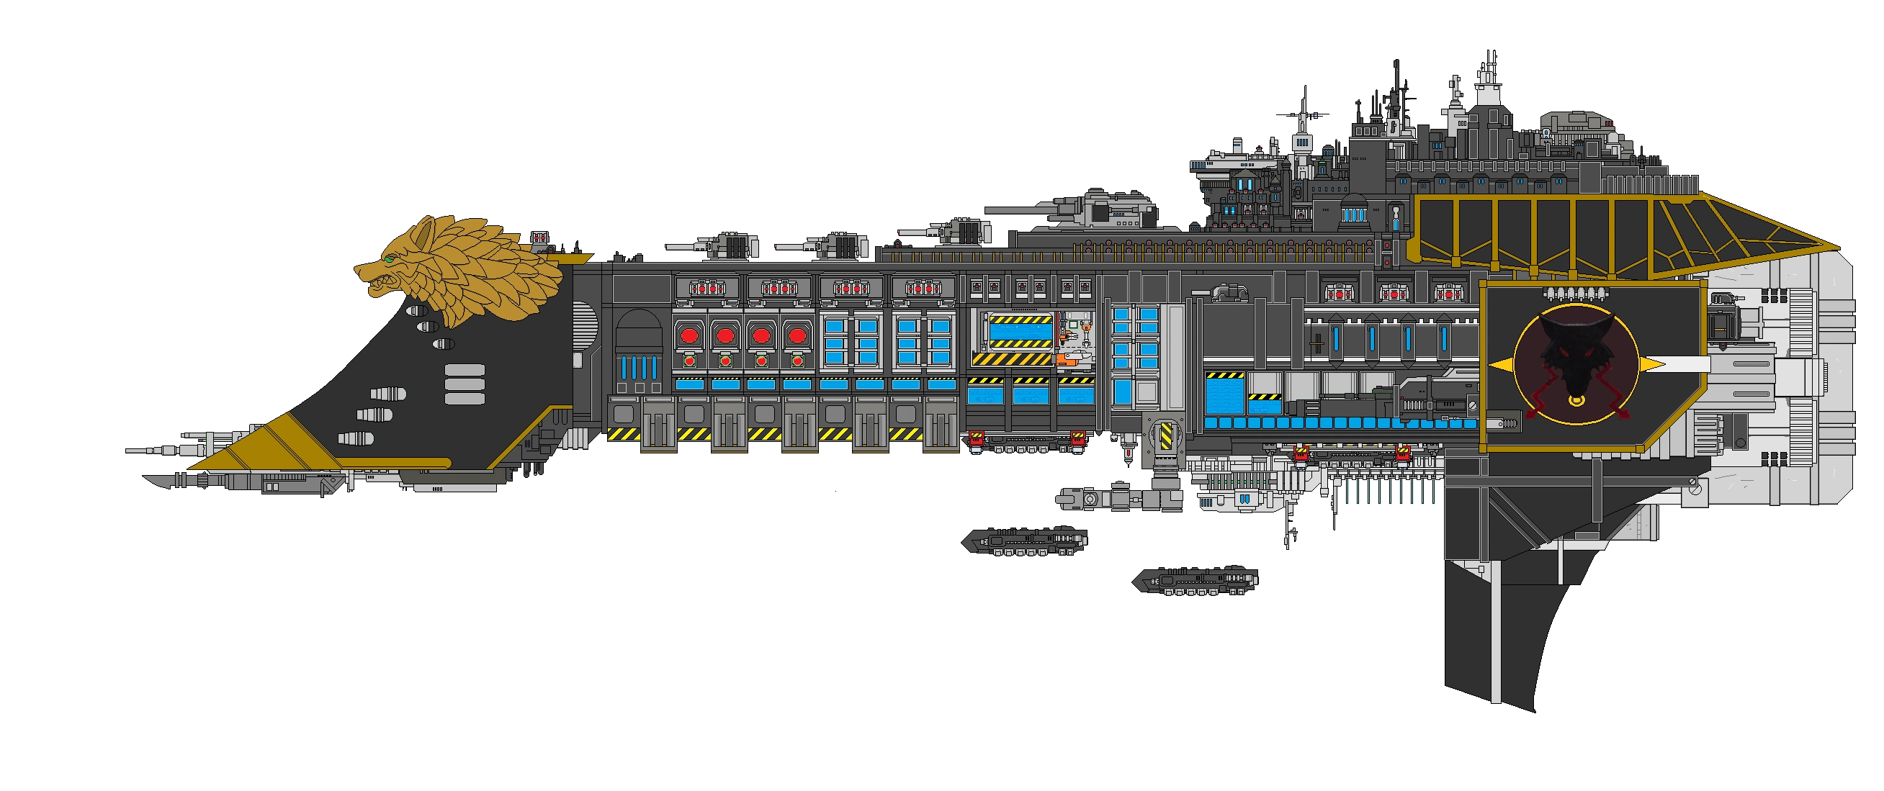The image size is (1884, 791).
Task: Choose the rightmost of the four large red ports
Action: (x=797, y=336)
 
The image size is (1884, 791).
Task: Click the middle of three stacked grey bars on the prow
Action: (x=465, y=384)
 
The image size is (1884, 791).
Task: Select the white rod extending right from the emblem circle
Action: (x=1687, y=363)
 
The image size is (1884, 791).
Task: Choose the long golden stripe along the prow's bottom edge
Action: (x=395, y=462)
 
